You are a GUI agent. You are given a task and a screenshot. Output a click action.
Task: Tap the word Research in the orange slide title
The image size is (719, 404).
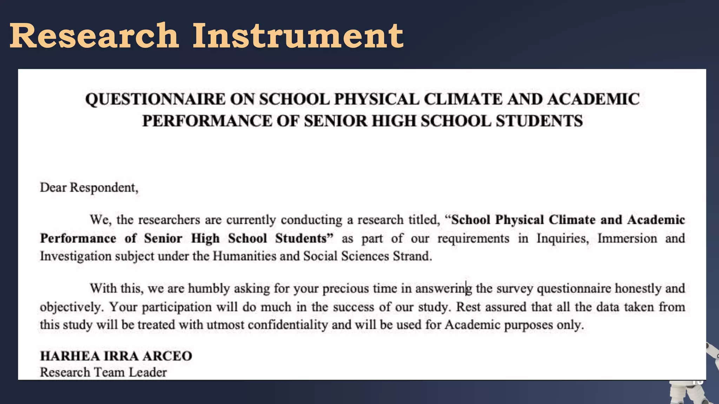click(94, 36)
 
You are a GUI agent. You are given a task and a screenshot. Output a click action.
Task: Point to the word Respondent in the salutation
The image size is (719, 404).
click(104, 188)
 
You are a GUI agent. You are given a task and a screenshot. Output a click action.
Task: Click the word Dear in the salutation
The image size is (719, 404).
click(53, 188)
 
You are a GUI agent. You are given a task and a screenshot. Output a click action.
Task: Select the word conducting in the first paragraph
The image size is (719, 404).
click(311, 220)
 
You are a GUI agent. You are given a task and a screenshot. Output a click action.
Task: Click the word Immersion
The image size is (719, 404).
click(627, 238)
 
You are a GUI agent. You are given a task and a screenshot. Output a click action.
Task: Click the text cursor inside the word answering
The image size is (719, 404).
click(466, 289)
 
